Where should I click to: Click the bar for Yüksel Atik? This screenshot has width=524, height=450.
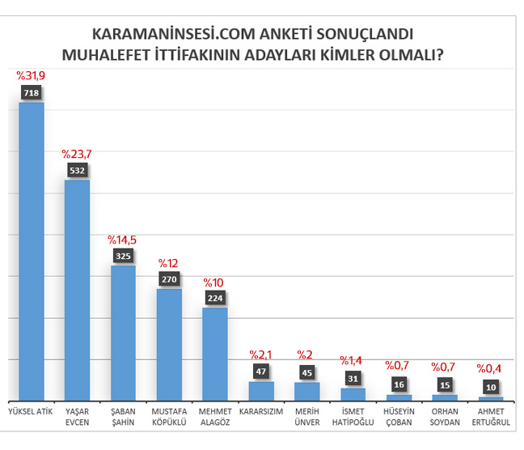[32, 251]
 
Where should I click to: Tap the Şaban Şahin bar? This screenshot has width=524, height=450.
[123, 332]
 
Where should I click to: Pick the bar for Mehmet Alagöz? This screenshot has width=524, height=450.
[214, 353]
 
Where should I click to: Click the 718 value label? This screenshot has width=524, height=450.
[32, 94]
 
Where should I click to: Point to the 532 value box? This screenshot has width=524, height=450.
[78, 171]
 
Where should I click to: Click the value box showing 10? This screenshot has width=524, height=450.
[489, 387]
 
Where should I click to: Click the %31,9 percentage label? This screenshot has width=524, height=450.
[32, 75]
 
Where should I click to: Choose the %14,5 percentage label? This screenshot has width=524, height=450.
[123, 240]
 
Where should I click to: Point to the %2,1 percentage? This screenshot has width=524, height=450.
[260, 354]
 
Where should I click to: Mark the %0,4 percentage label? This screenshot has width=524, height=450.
[489, 367]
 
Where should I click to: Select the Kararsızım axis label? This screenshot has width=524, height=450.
[260, 410]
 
